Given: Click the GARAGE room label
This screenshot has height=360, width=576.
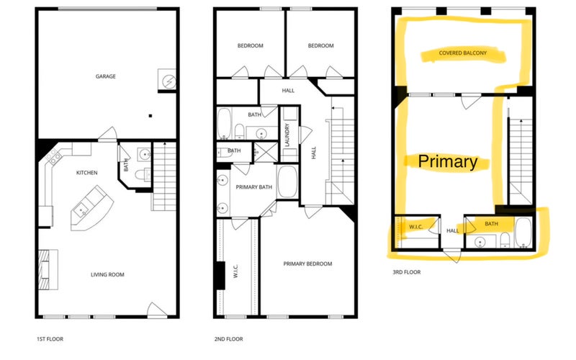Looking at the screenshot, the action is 105,76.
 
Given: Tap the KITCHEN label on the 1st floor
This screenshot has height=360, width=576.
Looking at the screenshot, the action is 86,173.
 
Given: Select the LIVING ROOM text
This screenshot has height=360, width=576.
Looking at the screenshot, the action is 107,274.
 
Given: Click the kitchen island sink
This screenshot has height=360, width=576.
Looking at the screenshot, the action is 80,210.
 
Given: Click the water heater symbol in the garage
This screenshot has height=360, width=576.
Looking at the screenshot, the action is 168,81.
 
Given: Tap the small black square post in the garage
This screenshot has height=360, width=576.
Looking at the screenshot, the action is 150,116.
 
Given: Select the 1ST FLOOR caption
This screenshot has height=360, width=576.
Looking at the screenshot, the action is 50,339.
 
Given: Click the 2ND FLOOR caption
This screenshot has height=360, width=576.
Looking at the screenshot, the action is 228,339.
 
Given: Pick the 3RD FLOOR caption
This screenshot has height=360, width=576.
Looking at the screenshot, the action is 407,272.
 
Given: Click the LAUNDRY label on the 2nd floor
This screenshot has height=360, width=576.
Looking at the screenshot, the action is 287,135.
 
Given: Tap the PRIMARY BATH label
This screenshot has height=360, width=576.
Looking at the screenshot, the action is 254,187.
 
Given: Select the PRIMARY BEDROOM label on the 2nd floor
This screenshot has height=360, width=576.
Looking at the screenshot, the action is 307,264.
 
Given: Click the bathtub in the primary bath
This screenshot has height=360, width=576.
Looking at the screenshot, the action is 287,182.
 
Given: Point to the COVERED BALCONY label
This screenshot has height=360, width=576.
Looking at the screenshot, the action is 462,53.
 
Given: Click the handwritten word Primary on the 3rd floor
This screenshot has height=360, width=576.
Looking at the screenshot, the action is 448,161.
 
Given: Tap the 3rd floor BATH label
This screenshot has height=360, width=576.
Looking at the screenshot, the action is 491,224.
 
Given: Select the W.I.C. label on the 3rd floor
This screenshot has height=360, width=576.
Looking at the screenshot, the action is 415,227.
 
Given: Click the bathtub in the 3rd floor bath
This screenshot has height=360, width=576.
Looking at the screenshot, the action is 523,232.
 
